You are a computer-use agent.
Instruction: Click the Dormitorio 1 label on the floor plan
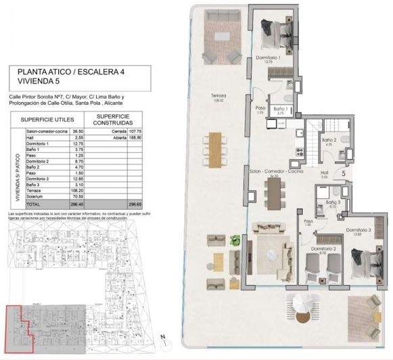pyautogui.click(x=269, y=58)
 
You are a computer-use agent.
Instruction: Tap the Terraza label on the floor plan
pyautogui.click(x=218, y=97)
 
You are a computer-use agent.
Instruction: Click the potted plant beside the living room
pyautogui.click(x=235, y=240)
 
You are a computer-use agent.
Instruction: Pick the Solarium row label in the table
pyautogui.click(x=37, y=196)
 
